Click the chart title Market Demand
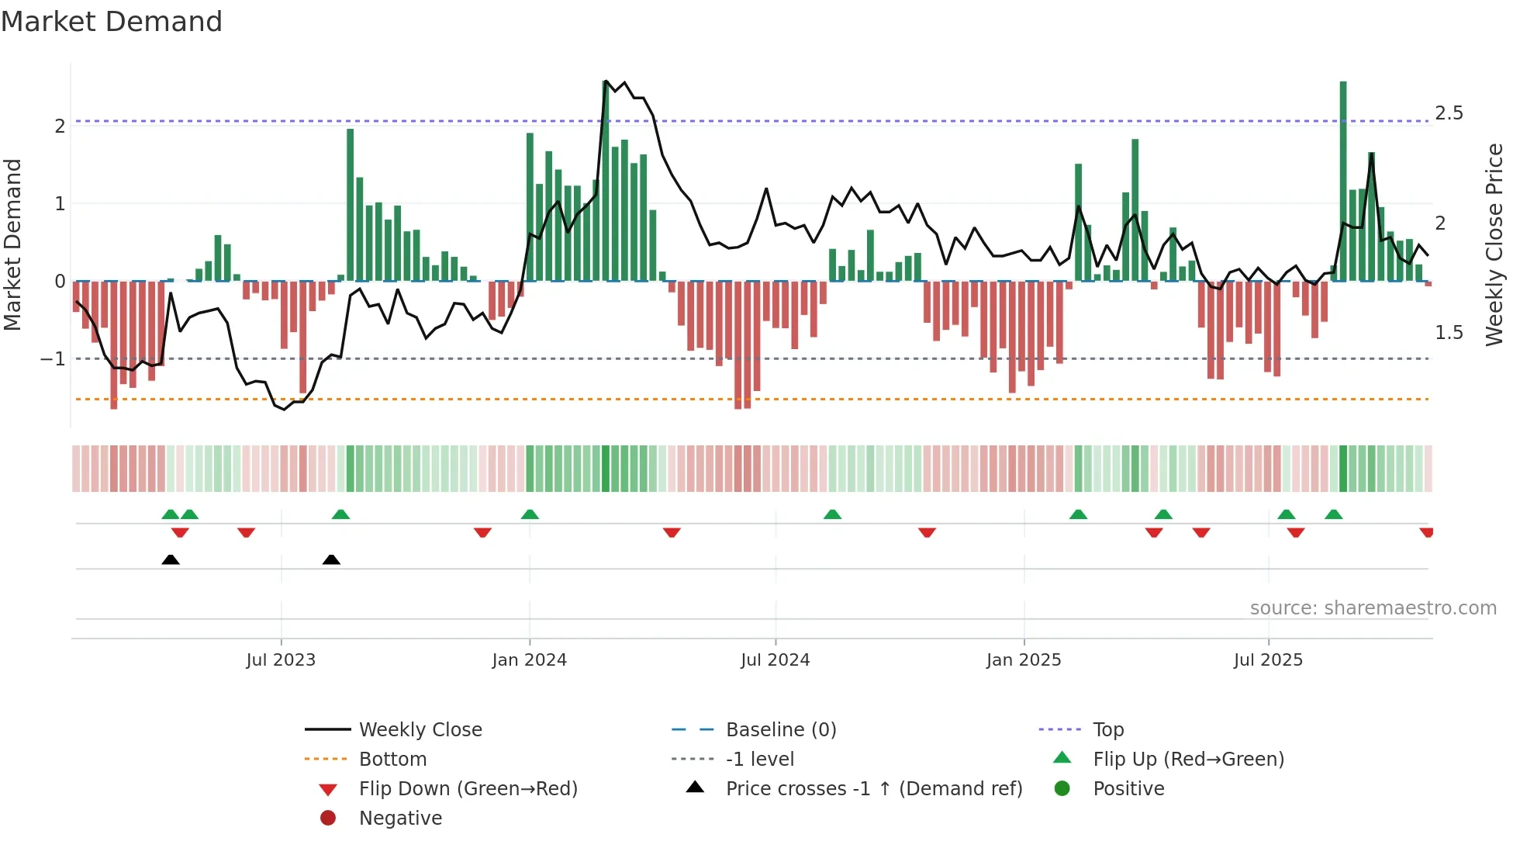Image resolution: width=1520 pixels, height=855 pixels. pyautogui.click(x=112, y=21)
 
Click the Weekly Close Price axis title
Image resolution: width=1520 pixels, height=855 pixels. pyautogui.click(x=1494, y=244)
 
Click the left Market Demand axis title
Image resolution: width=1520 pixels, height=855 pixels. pyautogui.click(x=12, y=244)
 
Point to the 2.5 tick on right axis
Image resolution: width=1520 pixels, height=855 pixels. pyautogui.click(x=1448, y=113)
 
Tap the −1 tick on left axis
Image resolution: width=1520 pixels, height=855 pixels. pyautogui.click(x=54, y=359)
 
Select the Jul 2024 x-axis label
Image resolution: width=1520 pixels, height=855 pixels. pyautogui.click(x=775, y=660)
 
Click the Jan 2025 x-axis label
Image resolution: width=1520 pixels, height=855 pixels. pyautogui.click(x=1023, y=660)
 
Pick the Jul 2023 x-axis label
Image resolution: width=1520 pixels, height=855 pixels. pyautogui.click(x=281, y=660)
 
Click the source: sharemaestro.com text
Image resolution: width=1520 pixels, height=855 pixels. pyautogui.click(x=1373, y=608)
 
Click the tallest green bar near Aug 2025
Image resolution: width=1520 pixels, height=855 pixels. pyautogui.click(x=1343, y=182)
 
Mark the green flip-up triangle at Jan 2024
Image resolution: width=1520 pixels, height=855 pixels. pyautogui.click(x=530, y=514)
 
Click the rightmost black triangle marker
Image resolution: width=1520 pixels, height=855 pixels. pyautogui.click(x=331, y=559)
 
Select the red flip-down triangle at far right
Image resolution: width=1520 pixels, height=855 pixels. pyautogui.click(x=1426, y=532)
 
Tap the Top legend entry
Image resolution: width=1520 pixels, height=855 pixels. pyautogui.click(x=1107, y=730)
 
